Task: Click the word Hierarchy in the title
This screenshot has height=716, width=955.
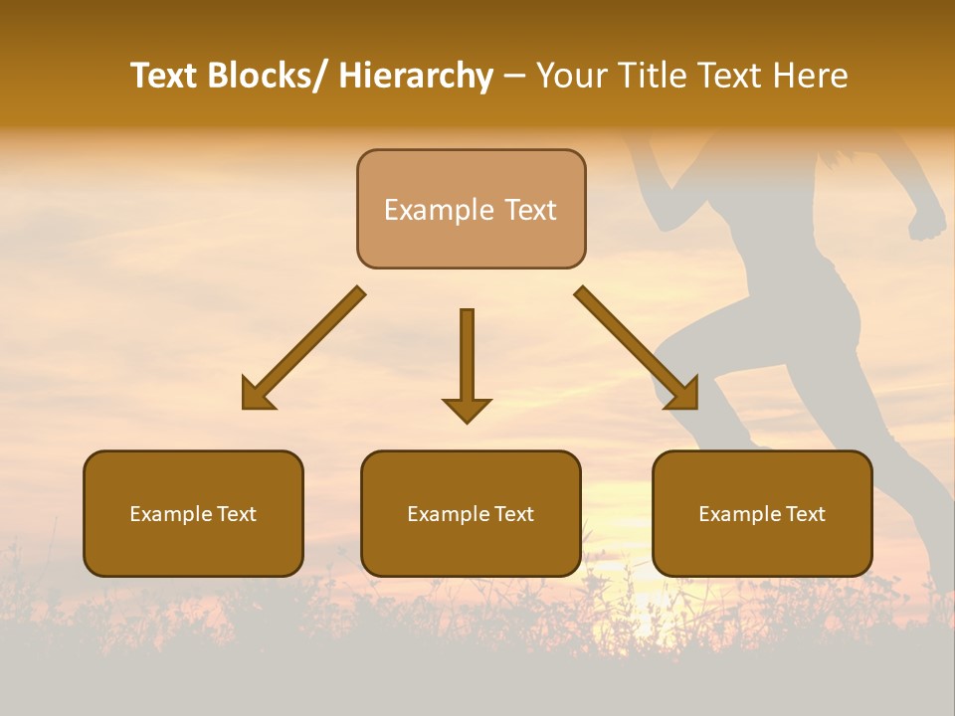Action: [416, 76]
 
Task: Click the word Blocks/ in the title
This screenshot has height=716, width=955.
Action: [266, 76]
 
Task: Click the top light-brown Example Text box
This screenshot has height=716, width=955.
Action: [471, 209]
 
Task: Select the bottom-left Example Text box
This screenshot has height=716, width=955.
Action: [193, 513]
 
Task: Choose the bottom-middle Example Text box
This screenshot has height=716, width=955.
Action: [471, 513]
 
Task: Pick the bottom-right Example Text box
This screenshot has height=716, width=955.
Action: [762, 513]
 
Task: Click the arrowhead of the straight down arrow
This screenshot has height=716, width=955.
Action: [467, 409]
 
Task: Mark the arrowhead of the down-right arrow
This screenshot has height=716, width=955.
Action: [684, 395]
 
